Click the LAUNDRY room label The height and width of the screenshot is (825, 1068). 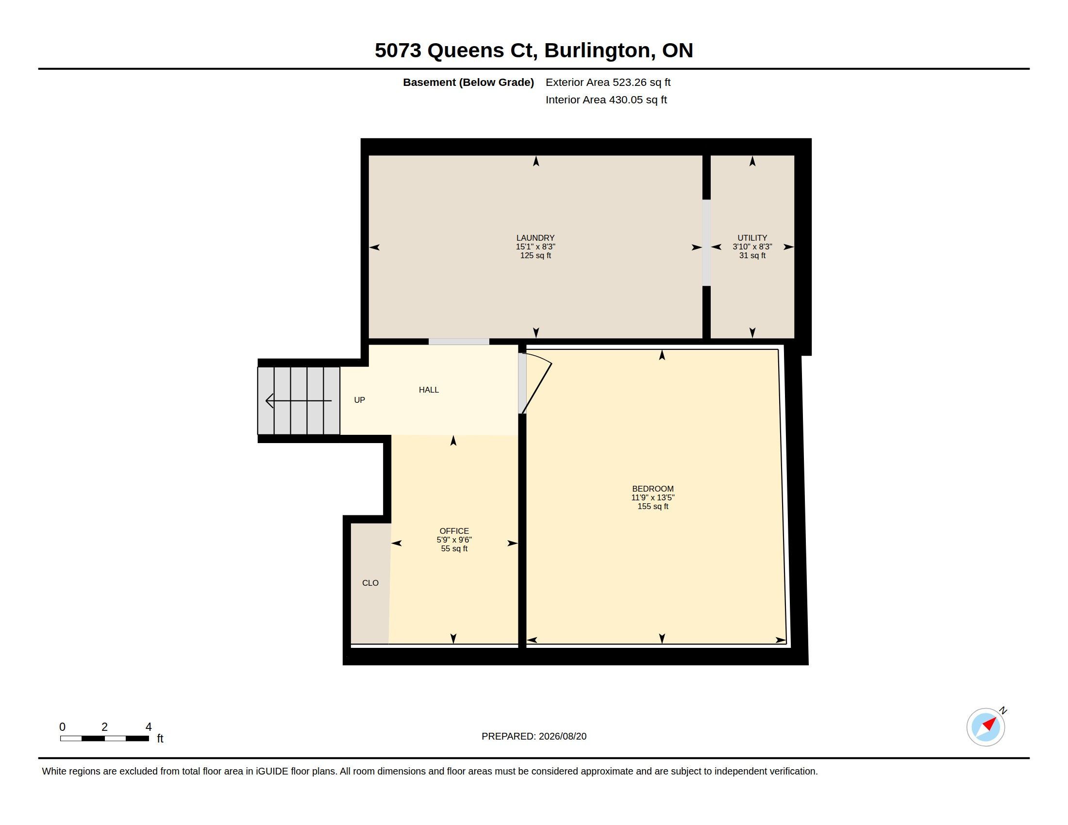[x=535, y=238]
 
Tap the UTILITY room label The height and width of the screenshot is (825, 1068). [x=752, y=238]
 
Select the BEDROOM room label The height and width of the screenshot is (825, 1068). [x=653, y=489]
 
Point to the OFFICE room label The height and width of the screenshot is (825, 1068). [x=454, y=531]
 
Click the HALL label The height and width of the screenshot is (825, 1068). [x=429, y=390]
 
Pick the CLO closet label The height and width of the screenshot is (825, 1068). [x=370, y=582]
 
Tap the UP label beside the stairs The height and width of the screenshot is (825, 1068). [x=359, y=400]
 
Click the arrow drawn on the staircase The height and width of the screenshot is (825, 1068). [x=298, y=401]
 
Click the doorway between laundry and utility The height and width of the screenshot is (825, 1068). [x=706, y=243]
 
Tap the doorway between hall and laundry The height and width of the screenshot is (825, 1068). [x=459, y=342]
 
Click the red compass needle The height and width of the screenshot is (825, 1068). [x=990, y=724]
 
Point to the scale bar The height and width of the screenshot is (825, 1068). [x=105, y=739]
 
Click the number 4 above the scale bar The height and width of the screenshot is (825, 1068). [x=149, y=727]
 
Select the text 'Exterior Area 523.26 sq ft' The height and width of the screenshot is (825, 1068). [x=608, y=82]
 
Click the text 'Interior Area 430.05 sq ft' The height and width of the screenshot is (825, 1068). [x=606, y=99]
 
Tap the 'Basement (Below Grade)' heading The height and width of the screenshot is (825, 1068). [x=468, y=82]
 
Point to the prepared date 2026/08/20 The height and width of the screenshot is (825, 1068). [x=562, y=736]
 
